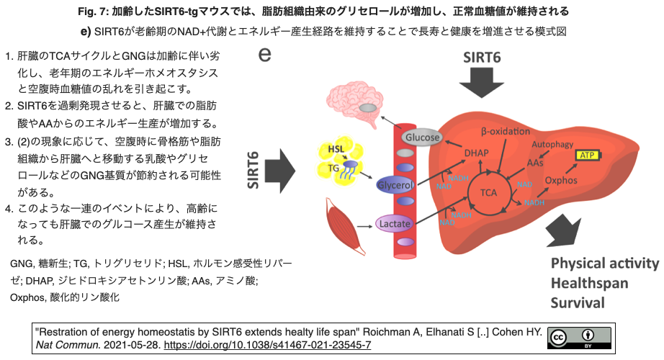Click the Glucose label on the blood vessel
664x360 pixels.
tap(421, 138)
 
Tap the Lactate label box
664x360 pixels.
tap(395, 225)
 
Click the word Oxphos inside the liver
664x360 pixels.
tap(561, 180)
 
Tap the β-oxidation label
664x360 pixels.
tap(505, 131)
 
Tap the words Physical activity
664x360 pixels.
tap(605, 262)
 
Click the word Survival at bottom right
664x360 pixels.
tap(578, 302)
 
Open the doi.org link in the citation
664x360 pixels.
tap(279, 345)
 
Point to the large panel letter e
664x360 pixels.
tap(265, 55)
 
